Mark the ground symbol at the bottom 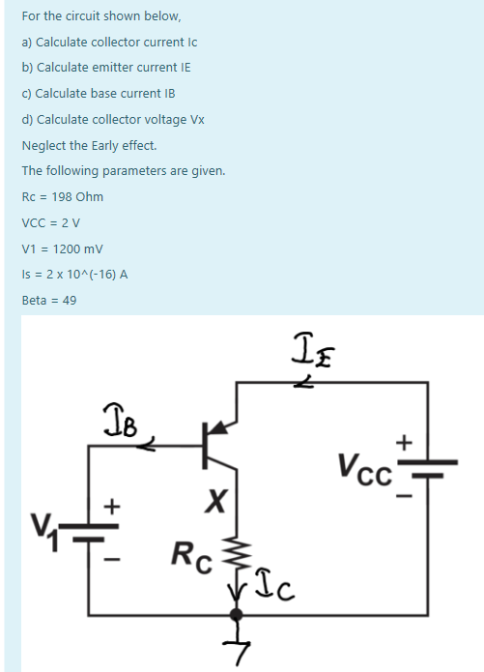pos(233,646)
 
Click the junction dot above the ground pos(233,614)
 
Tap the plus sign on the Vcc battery pos(406,443)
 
